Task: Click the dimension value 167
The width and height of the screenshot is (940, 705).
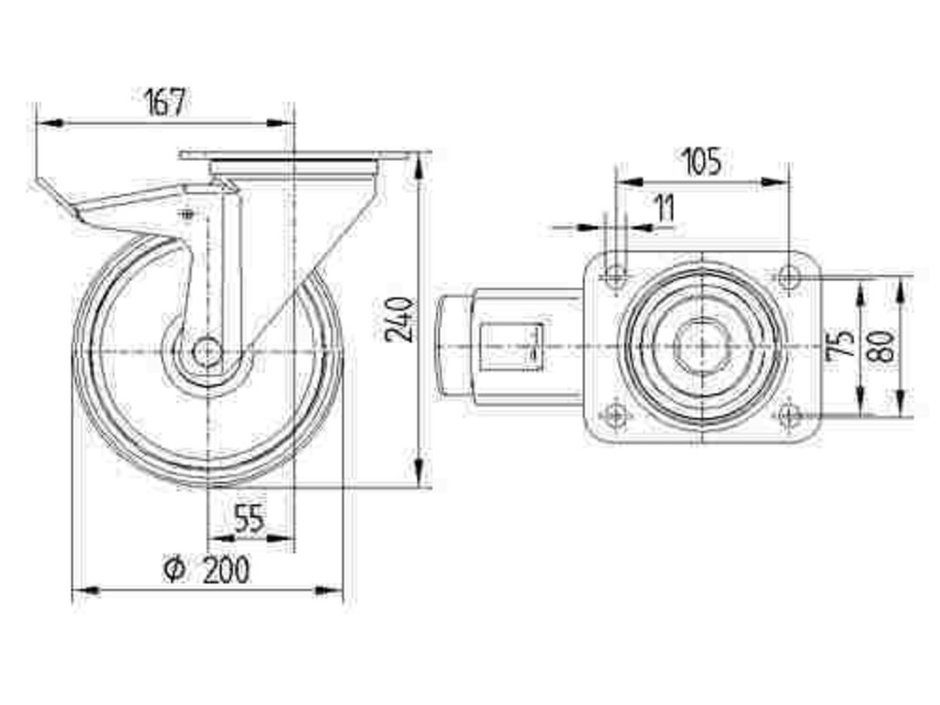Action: pos(165,101)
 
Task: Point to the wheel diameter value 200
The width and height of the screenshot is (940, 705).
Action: pos(225,570)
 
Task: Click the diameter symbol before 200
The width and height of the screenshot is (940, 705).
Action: pos(174,570)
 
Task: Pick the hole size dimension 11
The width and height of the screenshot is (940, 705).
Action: pos(664,208)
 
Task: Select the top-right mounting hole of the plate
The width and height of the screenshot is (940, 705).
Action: pos(788,274)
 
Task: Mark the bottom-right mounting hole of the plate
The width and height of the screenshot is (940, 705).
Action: pos(788,416)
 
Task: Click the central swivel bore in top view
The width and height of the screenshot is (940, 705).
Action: pos(701,345)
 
